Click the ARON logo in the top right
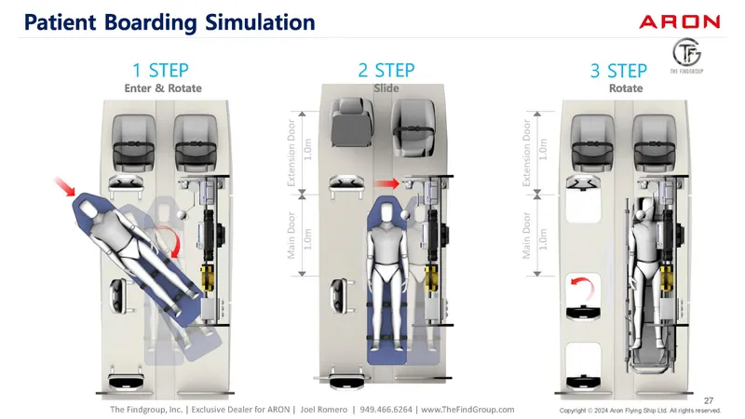679,21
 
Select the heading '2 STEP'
386,71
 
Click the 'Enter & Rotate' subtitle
163,88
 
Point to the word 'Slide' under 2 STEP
386,88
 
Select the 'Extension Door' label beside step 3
527,151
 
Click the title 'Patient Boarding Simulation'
162,21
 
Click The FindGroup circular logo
686,56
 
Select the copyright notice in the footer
640,411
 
